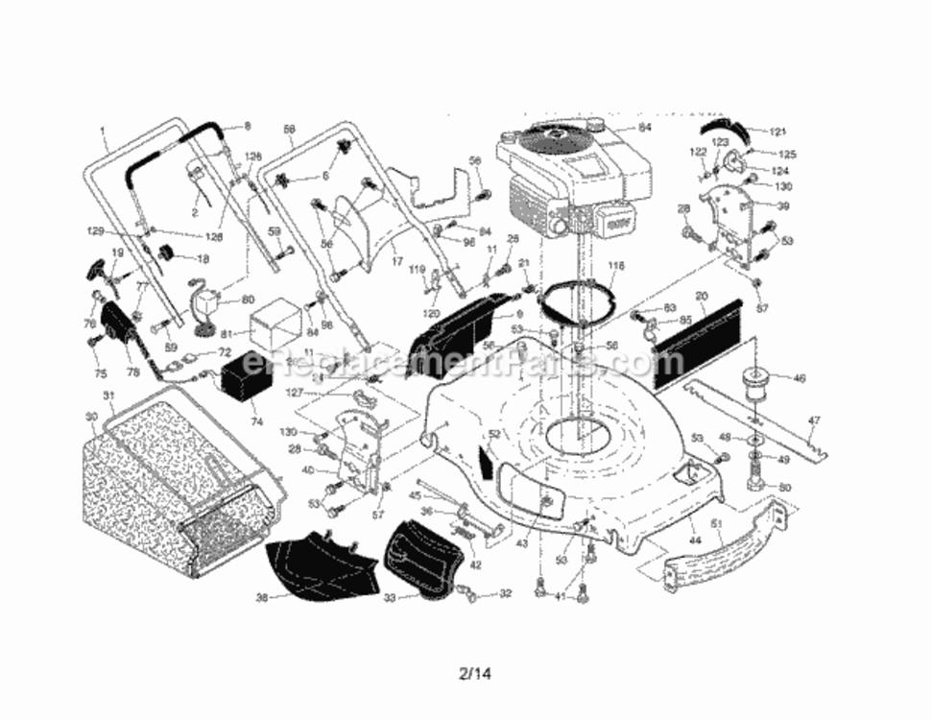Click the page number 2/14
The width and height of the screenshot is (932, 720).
click(x=475, y=673)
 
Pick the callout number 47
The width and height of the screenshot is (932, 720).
click(x=814, y=420)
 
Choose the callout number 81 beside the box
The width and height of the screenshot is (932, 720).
click(x=227, y=335)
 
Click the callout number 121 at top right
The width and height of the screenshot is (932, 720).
click(x=777, y=131)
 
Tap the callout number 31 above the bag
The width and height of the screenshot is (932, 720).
click(x=108, y=396)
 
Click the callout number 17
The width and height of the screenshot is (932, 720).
click(x=396, y=259)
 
